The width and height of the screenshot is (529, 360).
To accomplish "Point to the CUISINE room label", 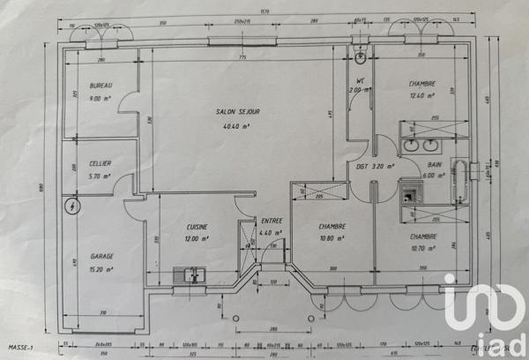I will [197, 226].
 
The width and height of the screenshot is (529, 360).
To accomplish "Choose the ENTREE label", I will [272, 221].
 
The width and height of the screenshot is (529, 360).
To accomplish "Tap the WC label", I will [360, 81].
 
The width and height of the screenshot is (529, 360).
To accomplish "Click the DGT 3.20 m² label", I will [375, 165].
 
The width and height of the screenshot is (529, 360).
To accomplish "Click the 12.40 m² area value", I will [422, 95].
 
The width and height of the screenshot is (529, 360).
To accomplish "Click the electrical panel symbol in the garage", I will [71, 206].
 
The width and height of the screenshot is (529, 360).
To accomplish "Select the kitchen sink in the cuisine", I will [189, 274].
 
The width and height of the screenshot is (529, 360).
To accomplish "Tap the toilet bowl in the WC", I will [361, 59].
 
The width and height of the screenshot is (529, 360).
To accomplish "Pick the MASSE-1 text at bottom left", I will [22, 349].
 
